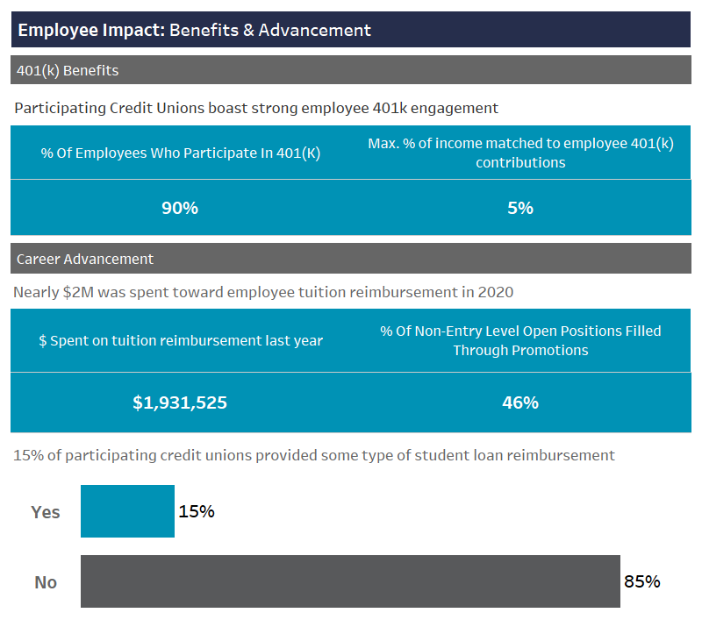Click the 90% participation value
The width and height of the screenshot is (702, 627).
tap(180, 208)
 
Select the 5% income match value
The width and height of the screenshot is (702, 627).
tap(520, 208)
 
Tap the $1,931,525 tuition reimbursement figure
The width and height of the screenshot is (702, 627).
tap(180, 403)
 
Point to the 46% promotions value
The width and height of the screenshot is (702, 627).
tap(520, 403)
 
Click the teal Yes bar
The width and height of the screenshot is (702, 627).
tap(127, 511)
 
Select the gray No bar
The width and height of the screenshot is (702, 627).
tap(350, 581)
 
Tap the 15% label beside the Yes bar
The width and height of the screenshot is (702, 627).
tap(197, 511)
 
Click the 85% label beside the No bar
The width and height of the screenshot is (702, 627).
tap(641, 581)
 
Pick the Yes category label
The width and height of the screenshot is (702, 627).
tap(46, 512)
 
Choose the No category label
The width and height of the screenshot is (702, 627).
tap(46, 582)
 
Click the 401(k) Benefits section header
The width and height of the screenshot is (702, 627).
tap(68, 70)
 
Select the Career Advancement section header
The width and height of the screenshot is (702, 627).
tap(85, 259)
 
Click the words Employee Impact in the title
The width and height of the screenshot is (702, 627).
tap(90, 30)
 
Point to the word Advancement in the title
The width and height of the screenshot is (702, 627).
tap(314, 30)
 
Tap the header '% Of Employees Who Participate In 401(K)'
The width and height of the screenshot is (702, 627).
tap(181, 153)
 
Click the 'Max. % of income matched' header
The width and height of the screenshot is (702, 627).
tap(520, 153)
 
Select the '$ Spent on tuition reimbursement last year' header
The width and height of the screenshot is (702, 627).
tap(181, 340)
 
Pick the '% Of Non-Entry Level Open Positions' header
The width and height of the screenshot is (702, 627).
tap(520, 340)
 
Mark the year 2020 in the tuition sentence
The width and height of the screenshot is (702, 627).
tap(495, 292)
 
